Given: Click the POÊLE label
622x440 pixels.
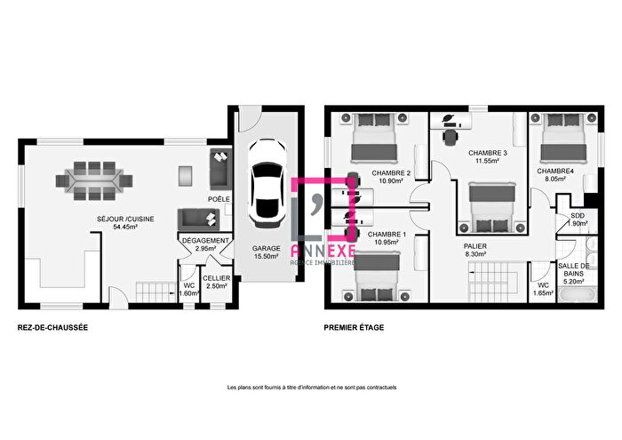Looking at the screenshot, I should [x=218, y=199].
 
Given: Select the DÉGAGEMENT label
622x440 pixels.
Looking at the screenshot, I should [x=205, y=240].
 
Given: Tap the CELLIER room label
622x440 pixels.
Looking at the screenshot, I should [x=217, y=278].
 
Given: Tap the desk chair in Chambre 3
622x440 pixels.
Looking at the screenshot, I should [x=451, y=137].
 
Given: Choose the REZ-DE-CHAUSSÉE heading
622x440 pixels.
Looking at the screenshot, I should [x=52, y=328].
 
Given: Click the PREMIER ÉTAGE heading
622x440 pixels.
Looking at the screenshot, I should [x=355, y=328].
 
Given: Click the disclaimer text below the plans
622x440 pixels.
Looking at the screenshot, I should [x=311, y=388].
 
